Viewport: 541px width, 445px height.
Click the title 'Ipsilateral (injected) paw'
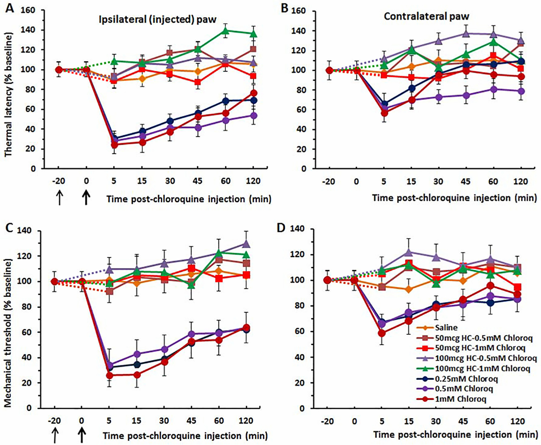(x=158, y=19)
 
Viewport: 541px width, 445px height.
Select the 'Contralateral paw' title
(x=426, y=16)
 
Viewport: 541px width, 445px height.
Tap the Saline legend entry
(x=446, y=327)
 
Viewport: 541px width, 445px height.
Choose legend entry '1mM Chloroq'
(x=460, y=399)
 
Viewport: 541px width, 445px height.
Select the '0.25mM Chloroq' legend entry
(x=466, y=379)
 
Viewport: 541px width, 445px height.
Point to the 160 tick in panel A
(x=28, y=10)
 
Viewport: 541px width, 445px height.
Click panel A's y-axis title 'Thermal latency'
(x=8, y=95)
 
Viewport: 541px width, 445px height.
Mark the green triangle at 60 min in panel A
(x=225, y=30)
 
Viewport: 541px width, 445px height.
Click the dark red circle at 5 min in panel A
(x=114, y=145)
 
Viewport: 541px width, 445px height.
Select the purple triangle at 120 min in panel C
(x=246, y=244)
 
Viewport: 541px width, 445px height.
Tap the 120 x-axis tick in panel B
(x=520, y=181)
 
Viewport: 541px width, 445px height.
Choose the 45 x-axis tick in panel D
(x=463, y=421)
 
